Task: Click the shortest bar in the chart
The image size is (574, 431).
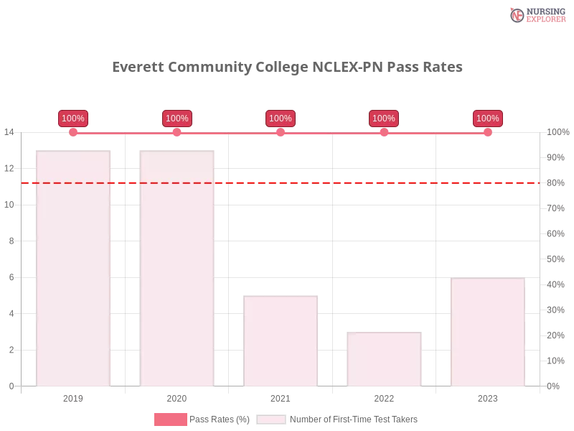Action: tap(384, 359)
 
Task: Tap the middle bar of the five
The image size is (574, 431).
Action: tap(281, 341)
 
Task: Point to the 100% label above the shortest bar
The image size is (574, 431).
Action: tap(384, 119)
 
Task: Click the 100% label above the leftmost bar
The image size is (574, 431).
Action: tap(73, 119)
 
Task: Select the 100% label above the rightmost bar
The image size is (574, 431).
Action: tap(488, 119)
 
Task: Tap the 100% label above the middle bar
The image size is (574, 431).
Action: tap(281, 119)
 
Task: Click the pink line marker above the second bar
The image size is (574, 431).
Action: tap(177, 131)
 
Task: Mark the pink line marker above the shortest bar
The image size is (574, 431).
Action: tap(384, 131)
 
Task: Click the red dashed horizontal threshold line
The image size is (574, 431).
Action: tap(287, 182)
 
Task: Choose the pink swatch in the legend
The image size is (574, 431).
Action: tap(170, 420)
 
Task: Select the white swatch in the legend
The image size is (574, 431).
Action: tap(271, 420)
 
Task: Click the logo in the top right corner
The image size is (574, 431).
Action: tap(536, 14)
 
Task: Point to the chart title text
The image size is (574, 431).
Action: tap(287, 68)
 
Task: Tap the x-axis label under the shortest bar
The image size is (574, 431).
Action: tap(384, 397)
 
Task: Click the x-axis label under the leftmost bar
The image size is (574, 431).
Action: tap(75, 397)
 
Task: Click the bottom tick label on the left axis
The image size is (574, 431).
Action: tap(11, 385)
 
